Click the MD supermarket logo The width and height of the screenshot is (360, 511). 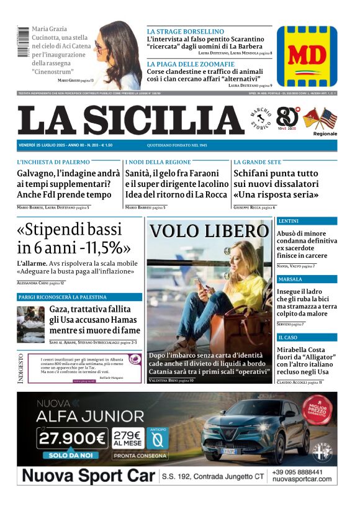point(307,56)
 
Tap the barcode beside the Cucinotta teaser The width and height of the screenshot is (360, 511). point(22,42)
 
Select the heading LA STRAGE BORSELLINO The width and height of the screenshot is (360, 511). point(185,31)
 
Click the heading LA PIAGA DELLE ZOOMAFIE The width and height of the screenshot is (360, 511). point(191,64)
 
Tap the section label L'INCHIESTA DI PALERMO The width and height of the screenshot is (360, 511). point(53,162)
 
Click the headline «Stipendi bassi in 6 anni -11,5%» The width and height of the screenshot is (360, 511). point(74,238)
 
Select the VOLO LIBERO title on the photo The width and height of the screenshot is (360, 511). point(209,231)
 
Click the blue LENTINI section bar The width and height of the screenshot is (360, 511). point(307,221)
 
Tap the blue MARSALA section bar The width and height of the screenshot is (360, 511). point(307,279)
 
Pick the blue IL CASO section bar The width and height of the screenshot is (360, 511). point(307,337)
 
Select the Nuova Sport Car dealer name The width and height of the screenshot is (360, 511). point(87,477)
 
